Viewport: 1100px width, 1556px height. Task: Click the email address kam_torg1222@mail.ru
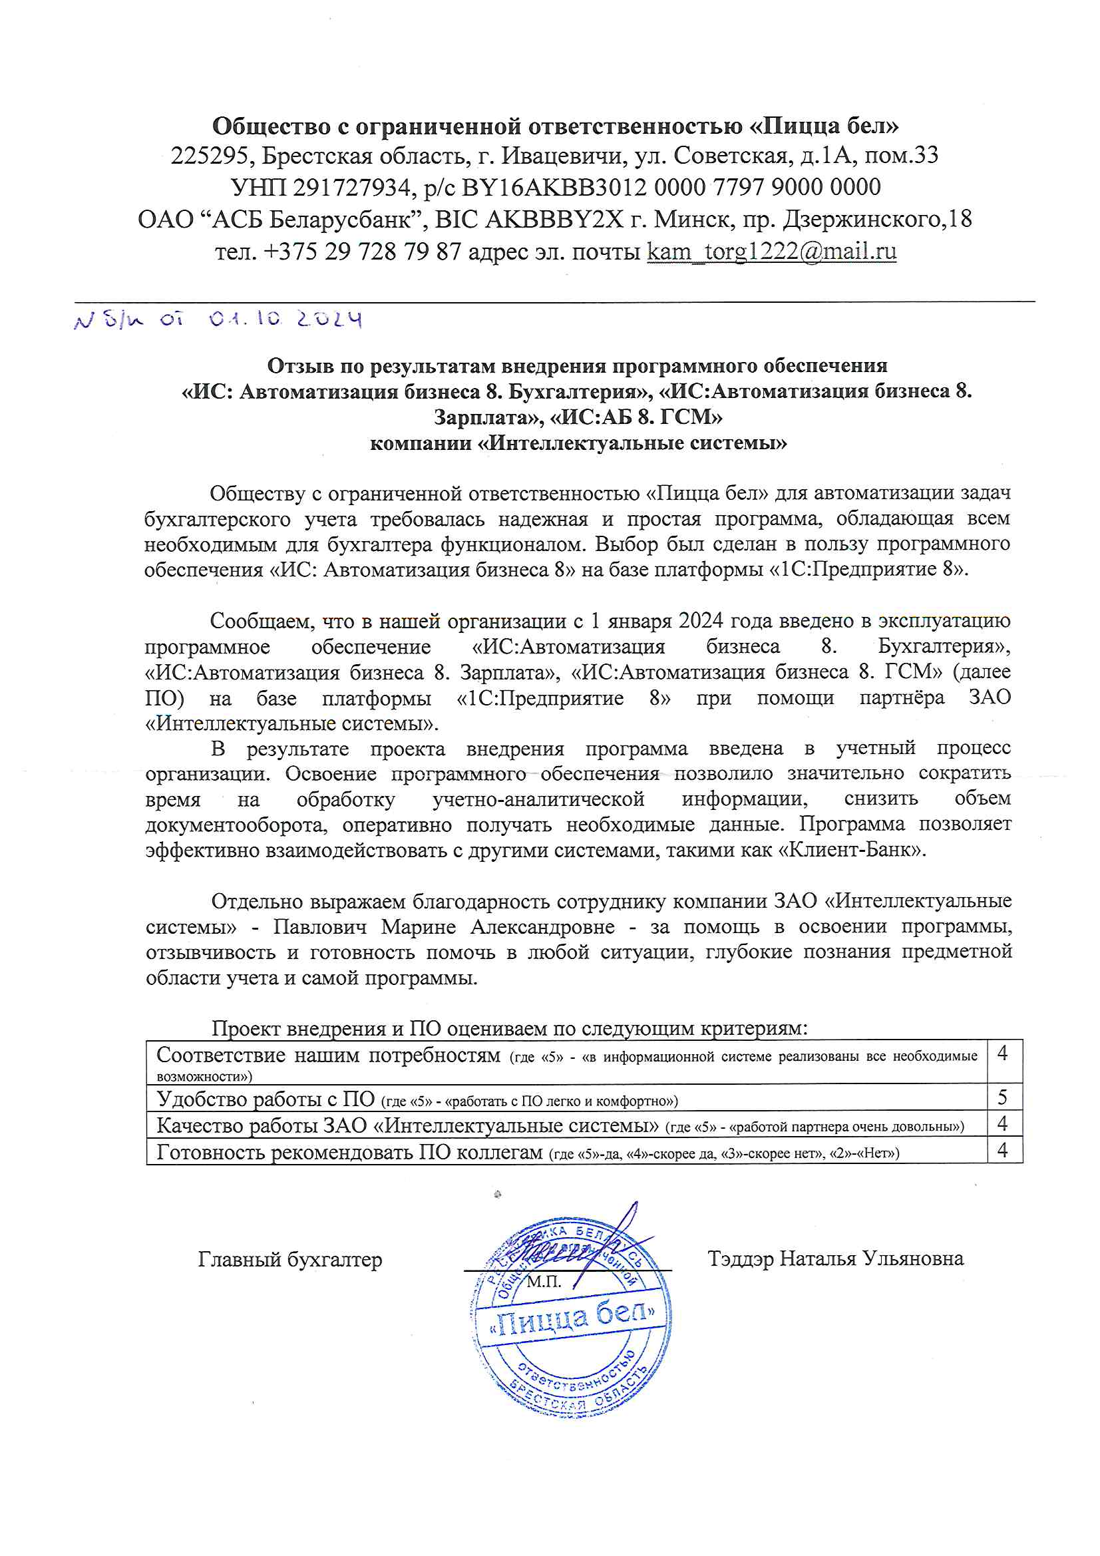coord(771,252)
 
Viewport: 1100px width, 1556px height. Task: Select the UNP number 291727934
coord(352,188)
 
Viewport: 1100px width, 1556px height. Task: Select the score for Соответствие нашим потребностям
coord(1002,1054)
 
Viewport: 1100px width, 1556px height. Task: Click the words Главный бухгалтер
coord(290,1259)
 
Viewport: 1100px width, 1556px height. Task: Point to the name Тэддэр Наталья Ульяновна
coord(835,1259)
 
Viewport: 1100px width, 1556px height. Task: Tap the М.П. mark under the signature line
coord(544,1282)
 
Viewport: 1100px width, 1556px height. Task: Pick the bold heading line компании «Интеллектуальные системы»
coord(578,443)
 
